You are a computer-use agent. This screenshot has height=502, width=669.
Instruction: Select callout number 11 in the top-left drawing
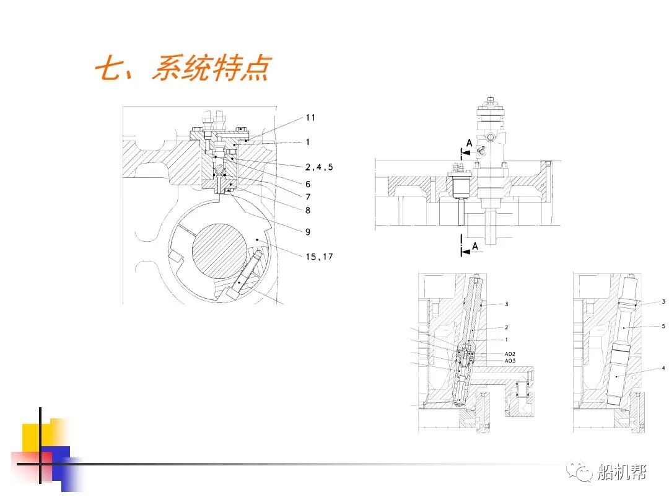click(x=310, y=117)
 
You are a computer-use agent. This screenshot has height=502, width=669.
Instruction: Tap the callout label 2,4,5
click(x=318, y=167)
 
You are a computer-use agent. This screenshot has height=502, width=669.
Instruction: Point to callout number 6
click(x=308, y=184)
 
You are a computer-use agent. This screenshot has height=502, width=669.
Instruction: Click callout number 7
click(x=308, y=196)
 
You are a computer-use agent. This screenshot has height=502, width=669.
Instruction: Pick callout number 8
click(x=308, y=210)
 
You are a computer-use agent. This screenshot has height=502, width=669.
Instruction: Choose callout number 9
click(x=308, y=232)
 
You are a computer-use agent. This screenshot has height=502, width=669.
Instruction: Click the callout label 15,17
click(x=318, y=256)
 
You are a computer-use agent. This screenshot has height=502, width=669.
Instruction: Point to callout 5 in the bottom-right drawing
click(x=663, y=326)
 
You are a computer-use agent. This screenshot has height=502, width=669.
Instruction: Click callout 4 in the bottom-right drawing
click(x=663, y=368)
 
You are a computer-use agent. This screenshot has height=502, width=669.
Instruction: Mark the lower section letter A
click(x=475, y=246)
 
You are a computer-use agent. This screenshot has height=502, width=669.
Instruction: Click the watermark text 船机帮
click(x=621, y=473)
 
